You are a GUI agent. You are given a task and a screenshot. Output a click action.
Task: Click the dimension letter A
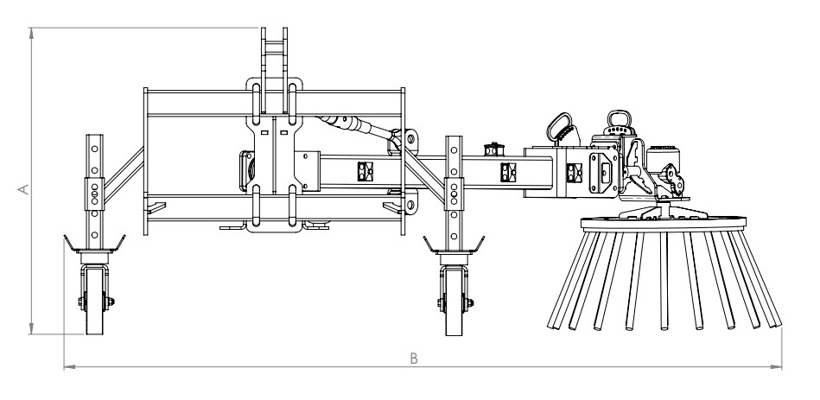(23, 188)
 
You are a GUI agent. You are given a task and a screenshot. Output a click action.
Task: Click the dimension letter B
(414, 359)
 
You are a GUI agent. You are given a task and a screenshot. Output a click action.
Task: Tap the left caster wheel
(95, 300)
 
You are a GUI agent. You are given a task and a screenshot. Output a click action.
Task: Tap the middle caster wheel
(454, 301)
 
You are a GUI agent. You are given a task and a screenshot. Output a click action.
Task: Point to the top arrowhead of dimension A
(32, 34)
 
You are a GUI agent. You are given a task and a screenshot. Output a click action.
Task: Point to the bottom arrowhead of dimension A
(32, 328)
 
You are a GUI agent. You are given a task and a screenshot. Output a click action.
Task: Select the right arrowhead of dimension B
(776, 366)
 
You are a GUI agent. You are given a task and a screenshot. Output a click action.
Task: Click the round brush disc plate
(664, 223)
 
